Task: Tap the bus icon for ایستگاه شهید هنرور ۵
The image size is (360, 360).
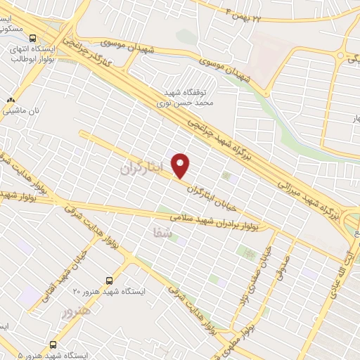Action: coord(53,344)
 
